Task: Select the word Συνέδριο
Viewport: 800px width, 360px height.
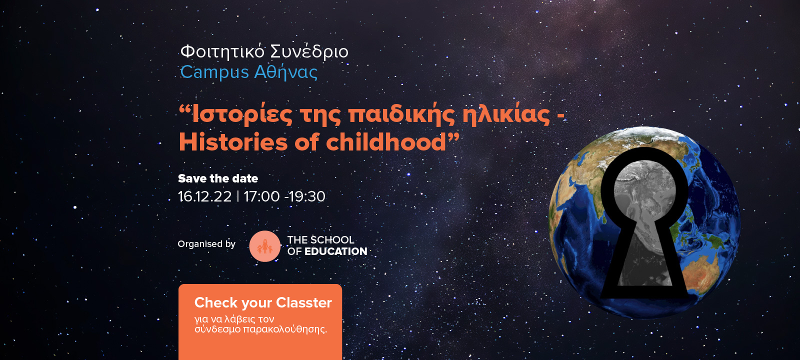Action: pos(309,51)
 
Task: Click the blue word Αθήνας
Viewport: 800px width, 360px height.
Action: pos(285,72)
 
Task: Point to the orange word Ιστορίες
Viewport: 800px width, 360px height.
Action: pos(242,114)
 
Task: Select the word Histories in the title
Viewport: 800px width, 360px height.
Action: pos(233,142)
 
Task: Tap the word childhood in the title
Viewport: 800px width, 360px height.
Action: pos(386,142)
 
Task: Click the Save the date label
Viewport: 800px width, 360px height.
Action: pos(218,178)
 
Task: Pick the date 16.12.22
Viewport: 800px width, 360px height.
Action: pos(204,196)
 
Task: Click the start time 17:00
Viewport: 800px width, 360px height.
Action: pos(261,196)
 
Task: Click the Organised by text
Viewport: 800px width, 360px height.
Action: pos(206,244)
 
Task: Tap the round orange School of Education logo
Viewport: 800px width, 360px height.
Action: pos(264,246)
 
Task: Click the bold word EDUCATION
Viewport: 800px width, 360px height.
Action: pos(335,251)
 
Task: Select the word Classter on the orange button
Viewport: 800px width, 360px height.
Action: pos(304,303)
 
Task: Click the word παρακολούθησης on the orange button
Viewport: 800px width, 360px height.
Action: pos(285,329)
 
